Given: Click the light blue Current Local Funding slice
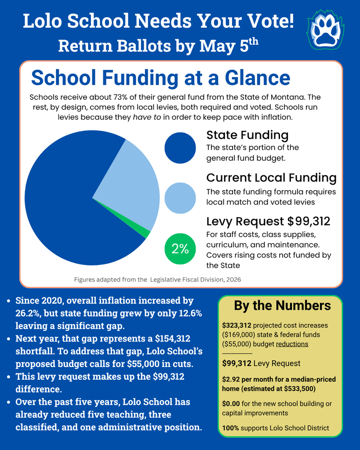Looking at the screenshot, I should pos(127,185).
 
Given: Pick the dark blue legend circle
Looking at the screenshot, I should pos(180,148).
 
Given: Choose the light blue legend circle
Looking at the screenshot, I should pos(180,198).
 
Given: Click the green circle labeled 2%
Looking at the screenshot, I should pos(180,249).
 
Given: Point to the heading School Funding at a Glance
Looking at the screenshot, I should pos(160,78).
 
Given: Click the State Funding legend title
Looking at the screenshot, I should pos(247,135).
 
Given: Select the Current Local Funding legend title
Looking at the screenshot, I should pos(271,178).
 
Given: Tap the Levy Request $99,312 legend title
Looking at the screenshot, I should pos(268,221).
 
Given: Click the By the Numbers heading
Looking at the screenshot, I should pos(282,305).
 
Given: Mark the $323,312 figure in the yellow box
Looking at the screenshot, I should pos(237,326).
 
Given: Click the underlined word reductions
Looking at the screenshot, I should pos(292,344).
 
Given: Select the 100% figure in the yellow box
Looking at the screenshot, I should pos(230,428).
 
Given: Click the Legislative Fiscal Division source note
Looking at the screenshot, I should pos(157,279).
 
